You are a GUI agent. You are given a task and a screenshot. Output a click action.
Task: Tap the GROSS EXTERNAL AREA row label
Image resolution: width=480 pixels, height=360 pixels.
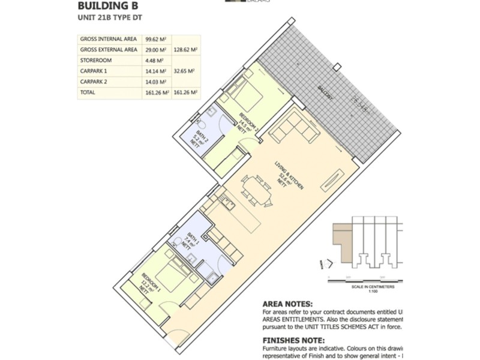pyautogui.click(x=108, y=50)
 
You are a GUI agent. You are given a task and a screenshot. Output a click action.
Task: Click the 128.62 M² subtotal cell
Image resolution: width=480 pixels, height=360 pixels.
pyautogui.click(x=186, y=50)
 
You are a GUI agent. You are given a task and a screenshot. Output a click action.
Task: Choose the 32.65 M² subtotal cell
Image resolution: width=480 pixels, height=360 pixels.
pyautogui.click(x=186, y=71)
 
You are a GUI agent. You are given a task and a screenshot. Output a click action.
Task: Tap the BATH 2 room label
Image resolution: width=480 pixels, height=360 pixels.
pyautogui.click(x=205, y=139)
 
